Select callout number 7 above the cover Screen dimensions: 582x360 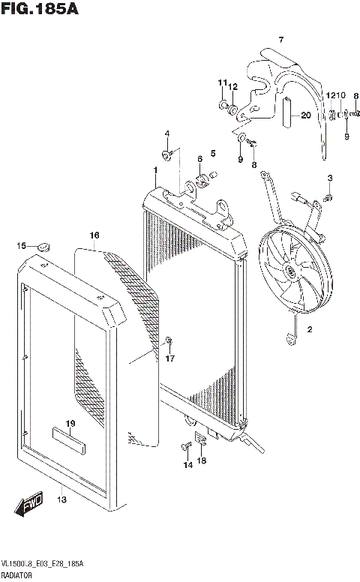281,39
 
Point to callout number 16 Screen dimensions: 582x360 94,235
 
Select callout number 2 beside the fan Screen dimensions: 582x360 309,329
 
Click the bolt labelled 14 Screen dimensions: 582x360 184,448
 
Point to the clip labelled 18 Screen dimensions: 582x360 200,440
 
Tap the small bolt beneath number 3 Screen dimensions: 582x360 328,196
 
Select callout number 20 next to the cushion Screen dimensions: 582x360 305,115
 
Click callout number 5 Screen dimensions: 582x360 212,153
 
